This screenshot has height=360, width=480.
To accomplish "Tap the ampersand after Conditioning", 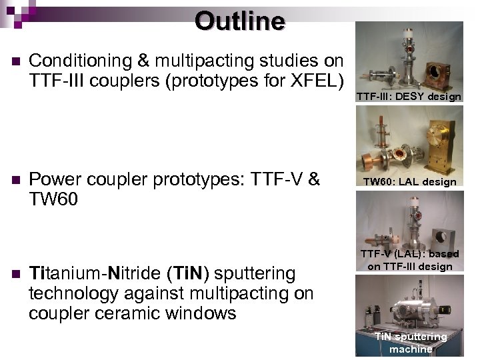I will pos(143,61).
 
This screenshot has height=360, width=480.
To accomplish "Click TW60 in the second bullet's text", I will pos(53,199).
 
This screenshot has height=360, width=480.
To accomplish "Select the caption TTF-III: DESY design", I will pos(408,97).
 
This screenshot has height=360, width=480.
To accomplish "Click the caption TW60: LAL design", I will pos(409,181).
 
